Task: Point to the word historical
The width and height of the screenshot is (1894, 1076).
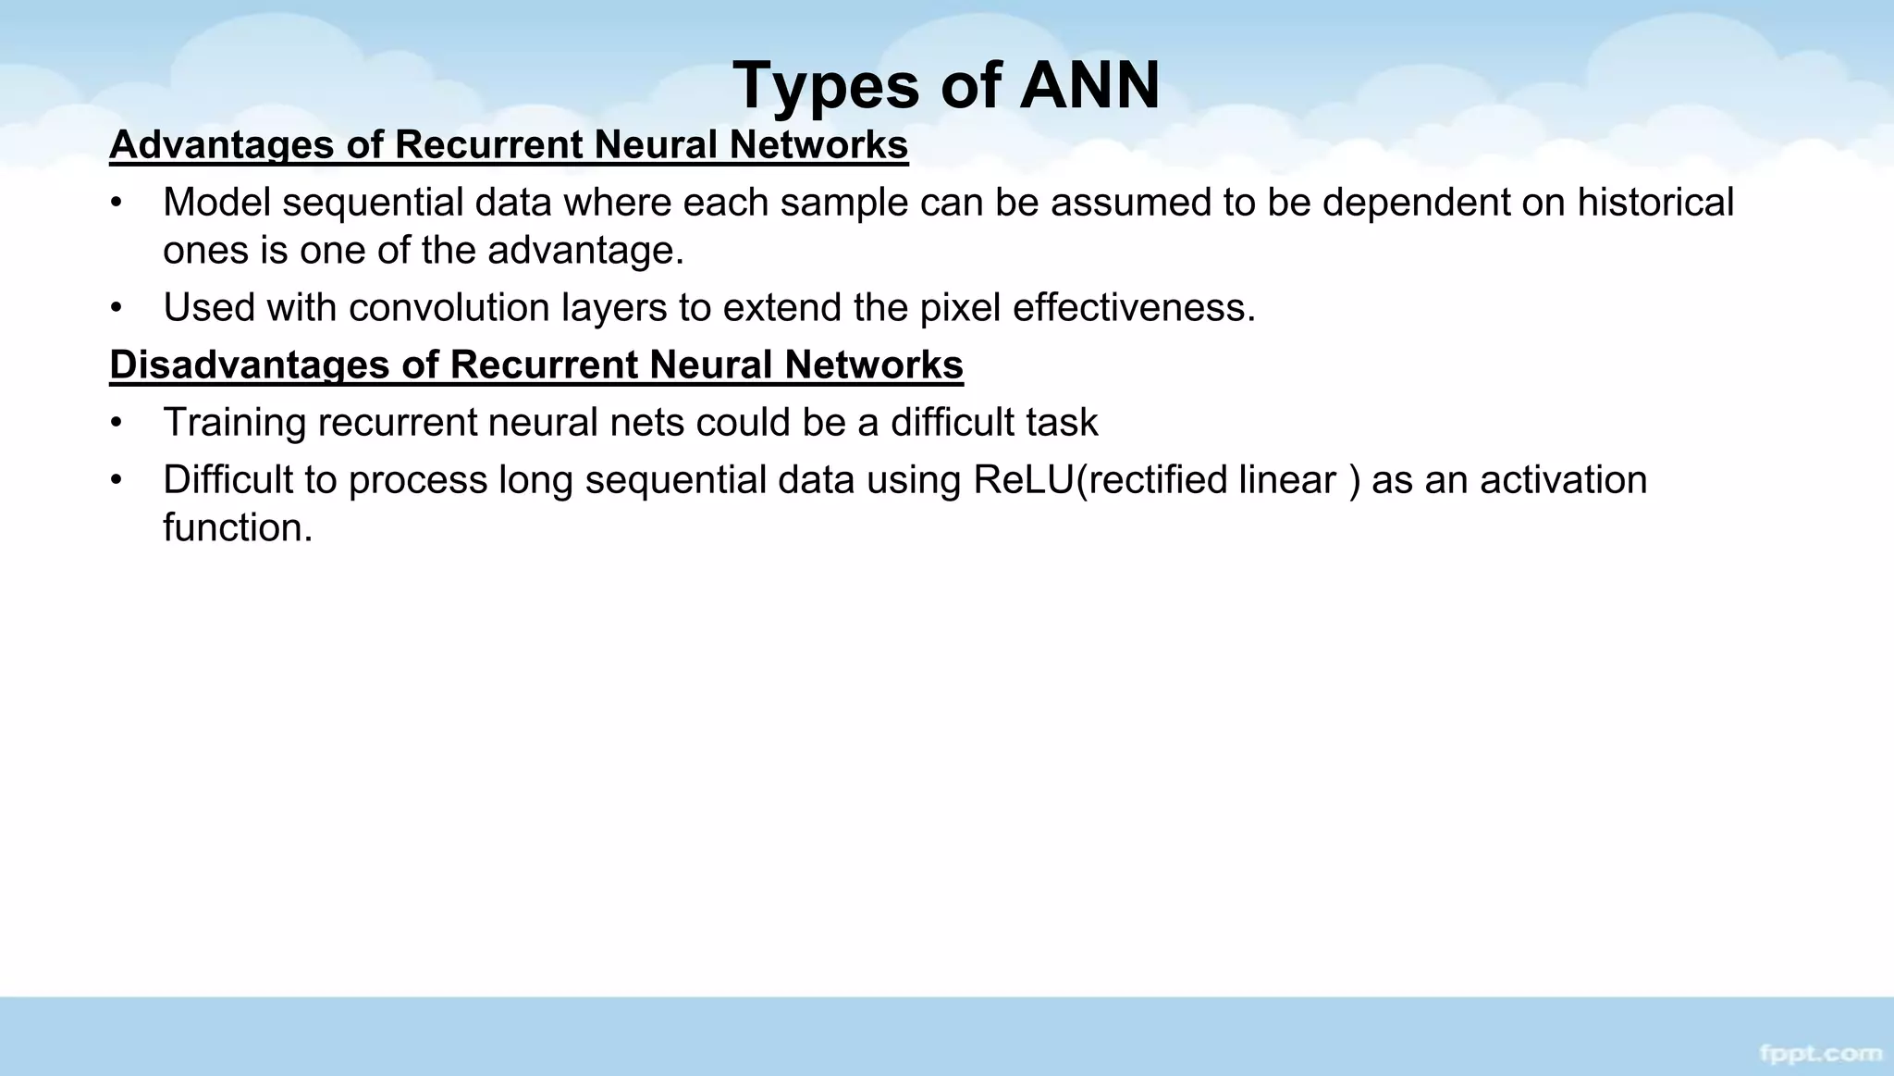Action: pyautogui.click(x=1654, y=203)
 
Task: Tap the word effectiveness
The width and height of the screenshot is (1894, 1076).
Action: pyautogui.click(x=1133, y=307)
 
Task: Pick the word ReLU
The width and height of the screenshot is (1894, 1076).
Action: pyautogui.click(x=1024, y=480)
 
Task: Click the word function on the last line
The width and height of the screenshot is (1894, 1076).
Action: pyautogui.click(x=237, y=528)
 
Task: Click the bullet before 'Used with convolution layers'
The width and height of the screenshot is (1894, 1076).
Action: pyautogui.click(x=116, y=308)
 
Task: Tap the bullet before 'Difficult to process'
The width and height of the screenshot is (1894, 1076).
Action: pyautogui.click(x=116, y=480)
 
